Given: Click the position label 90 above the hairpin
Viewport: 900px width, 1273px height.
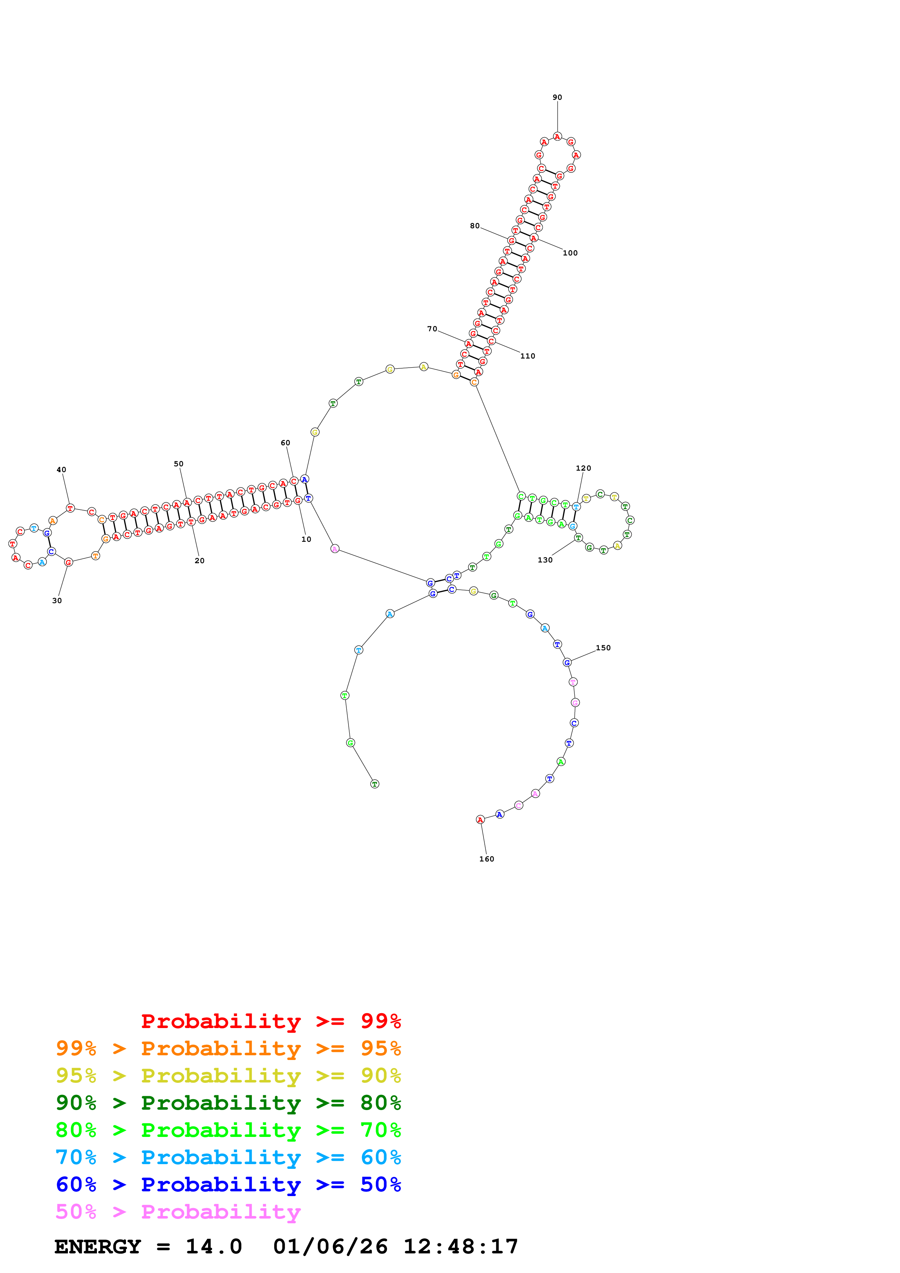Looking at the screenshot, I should pos(557,98).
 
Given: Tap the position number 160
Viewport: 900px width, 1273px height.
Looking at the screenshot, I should pos(486,859).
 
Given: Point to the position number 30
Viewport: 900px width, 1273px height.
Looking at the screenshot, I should pos(57,601).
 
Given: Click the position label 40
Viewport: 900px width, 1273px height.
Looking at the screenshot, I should pos(62,470).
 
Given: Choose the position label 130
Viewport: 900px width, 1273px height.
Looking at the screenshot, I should pos(545,560).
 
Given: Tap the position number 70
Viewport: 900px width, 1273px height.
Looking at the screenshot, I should pos(432,329).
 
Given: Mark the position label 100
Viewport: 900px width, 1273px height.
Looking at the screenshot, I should pos(570,253).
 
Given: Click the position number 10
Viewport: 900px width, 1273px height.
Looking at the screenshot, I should pos(306,539).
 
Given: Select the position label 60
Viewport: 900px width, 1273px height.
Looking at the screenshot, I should pos(285,442).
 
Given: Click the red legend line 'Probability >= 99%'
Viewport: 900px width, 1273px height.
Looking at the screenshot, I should pos(270,1021).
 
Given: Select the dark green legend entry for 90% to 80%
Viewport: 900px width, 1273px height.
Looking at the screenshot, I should pos(228,1103).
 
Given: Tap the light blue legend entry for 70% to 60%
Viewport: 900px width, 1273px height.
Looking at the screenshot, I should pos(228,1157).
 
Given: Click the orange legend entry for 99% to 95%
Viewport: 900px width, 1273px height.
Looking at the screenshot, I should pos(228,1048).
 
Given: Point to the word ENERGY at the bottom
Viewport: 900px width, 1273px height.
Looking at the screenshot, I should pos(98,1247).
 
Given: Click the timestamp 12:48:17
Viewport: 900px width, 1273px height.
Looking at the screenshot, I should pos(460,1247).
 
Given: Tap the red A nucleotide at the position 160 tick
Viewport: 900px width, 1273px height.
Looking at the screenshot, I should pos(480,819).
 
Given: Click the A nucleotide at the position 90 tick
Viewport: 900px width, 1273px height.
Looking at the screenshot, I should pos(557,136).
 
